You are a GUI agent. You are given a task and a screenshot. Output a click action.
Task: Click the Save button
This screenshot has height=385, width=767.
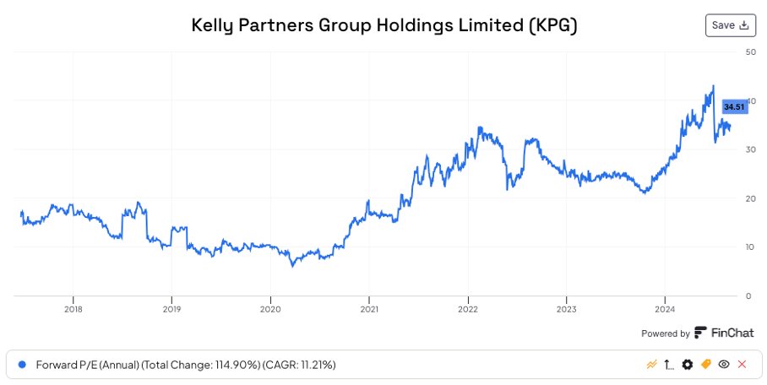pyautogui.click(x=730, y=25)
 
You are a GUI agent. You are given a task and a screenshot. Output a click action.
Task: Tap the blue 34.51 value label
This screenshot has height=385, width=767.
pyautogui.click(x=735, y=106)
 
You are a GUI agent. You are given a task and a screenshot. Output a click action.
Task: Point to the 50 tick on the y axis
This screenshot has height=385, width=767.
pyautogui.click(x=750, y=52)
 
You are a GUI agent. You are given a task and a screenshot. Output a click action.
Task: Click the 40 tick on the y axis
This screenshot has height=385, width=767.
pyautogui.click(x=750, y=100)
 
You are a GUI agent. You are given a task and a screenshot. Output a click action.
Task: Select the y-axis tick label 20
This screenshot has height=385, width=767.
pyautogui.click(x=750, y=198)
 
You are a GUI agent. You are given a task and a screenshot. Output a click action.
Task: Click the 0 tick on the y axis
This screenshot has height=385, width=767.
pyautogui.click(x=748, y=296)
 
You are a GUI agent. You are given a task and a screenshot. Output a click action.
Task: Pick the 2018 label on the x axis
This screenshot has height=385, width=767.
pyautogui.click(x=73, y=309)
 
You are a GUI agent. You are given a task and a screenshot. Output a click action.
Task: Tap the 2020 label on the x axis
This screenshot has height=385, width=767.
pyautogui.click(x=270, y=309)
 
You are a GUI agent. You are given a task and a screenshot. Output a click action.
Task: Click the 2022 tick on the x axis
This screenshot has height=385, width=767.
pyautogui.click(x=468, y=309)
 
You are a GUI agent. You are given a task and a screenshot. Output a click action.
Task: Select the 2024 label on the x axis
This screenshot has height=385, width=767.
pyautogui.click(x=665, y=309)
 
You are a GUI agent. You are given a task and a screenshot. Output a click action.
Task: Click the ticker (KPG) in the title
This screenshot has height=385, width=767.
pyautogui.click(x=552, y=26)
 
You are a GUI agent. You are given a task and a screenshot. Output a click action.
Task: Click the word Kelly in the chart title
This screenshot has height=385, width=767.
pyautogui.click(x=215, y=26)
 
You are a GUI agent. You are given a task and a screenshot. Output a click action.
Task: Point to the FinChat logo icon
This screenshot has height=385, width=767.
pyautogui.click(x=700, y=333)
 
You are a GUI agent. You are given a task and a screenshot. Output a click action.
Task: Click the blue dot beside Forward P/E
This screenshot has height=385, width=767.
pyautogui.click(x=22, y=365)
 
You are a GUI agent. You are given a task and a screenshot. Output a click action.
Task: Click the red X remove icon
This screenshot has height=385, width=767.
pyautogui.click(x=742, y=365)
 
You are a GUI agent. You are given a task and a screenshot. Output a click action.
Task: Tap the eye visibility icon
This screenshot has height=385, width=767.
pyautogui.click(x=724, y=365)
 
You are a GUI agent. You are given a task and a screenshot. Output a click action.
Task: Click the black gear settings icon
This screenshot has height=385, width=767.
pyautogui.click(x=688, y=365)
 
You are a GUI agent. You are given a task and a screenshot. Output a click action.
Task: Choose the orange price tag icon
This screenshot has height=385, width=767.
pyautogui.click(x=706, y=365)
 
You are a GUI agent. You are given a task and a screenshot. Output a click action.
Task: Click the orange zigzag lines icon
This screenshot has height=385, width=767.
pyautogui.click(x=651, y=365)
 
